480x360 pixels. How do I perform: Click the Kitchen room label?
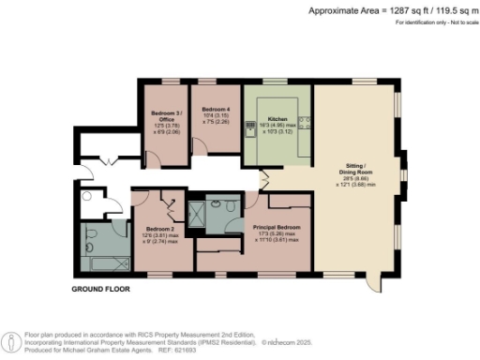(x=277, y=119)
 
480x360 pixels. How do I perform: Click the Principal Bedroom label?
(x=277, y=227)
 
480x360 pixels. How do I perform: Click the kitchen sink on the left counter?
(x=249, y=128)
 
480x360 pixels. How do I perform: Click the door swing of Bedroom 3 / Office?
(x=176, y=145)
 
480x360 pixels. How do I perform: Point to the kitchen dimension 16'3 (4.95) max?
(x=277, y=127)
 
